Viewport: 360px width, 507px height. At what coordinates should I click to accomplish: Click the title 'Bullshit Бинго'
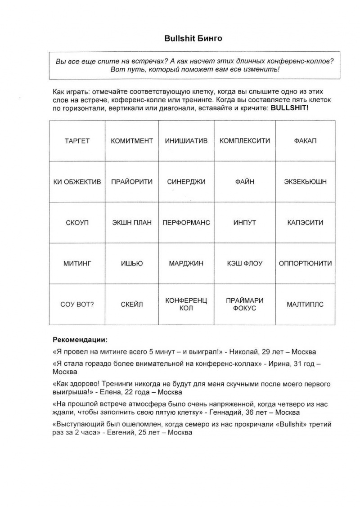(193, 39)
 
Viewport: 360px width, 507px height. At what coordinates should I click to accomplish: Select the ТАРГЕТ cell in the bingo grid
(77, 141)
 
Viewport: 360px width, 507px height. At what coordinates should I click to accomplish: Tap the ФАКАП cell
(305, 141)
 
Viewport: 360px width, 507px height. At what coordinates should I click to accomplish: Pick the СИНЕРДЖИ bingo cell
(186, 182)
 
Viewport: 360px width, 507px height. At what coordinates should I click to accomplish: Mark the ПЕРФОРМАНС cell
(186, 223)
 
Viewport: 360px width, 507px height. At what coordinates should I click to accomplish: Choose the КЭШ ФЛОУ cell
(245, 264)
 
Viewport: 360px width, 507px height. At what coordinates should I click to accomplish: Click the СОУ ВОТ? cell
(77, 305)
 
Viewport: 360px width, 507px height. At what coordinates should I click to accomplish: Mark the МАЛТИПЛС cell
(305, 305)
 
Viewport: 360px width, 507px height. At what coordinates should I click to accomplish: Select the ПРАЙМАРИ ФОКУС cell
(245, 305)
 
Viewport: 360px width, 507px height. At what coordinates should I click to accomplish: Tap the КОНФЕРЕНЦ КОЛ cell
(186, 305)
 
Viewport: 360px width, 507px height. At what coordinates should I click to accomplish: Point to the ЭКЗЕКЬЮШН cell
(305, 182)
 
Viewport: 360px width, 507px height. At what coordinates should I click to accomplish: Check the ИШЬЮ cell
(131, 264)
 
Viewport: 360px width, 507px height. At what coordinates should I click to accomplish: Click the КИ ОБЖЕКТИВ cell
(77, 182)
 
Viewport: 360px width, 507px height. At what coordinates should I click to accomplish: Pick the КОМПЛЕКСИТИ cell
(245, 141)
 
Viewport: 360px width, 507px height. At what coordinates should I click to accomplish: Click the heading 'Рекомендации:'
(80, 339)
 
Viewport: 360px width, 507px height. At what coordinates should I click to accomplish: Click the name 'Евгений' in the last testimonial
(121, 433)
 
